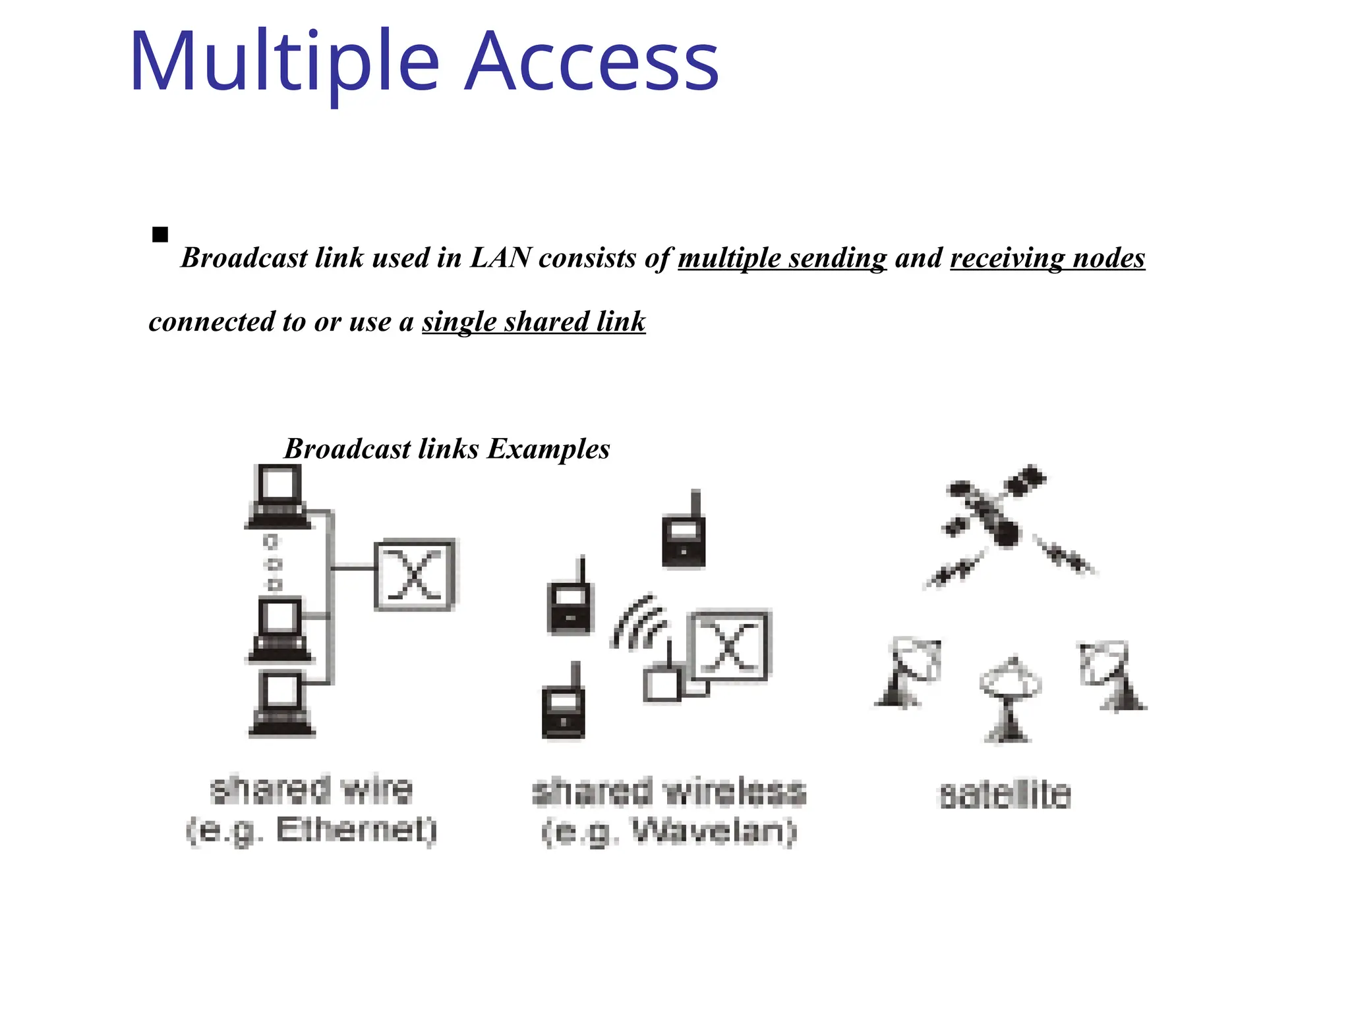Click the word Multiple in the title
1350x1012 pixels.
click(x=283, y=63)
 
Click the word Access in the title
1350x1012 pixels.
click(x=591, y=63)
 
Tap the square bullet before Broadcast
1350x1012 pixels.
click(x=160, y=235)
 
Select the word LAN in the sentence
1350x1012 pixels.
click(x=500, y=258)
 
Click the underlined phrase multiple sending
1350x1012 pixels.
click(x=782, y=258)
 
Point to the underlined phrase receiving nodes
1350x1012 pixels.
click(x=1047, y=258)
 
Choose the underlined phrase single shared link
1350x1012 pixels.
click(x=534, y=322)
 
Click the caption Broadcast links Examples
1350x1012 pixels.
click(x=447, y=449)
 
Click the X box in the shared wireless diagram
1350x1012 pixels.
click(x=729, y=646)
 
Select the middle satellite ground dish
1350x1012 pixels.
click(x=1009, y=698)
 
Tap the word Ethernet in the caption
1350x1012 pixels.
click(x=357, y=830)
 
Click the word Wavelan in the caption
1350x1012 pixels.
click(x=715, y=831)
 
